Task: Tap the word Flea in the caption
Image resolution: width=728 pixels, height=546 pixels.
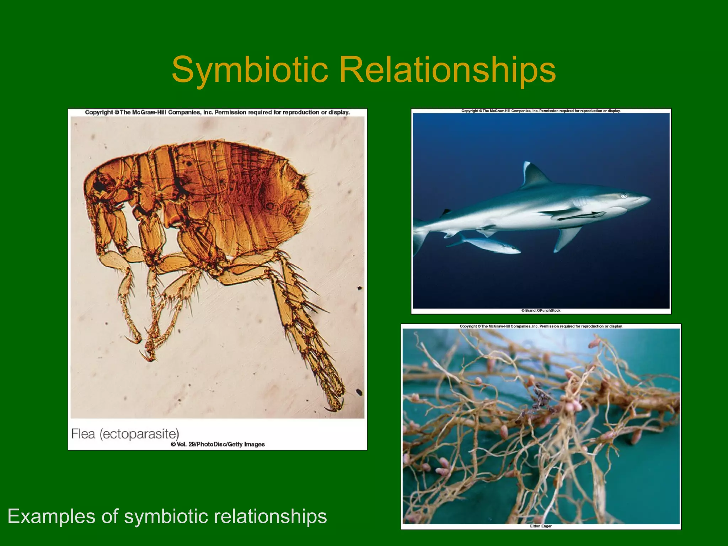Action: point(83,434)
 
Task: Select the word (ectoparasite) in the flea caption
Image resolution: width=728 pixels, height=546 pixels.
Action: point(139,434)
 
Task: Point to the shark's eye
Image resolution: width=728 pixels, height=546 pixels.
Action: point(624,195)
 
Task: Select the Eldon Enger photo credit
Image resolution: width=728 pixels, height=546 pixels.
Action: point(541,526)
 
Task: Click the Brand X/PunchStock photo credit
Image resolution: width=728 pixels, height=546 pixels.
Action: point(541,310)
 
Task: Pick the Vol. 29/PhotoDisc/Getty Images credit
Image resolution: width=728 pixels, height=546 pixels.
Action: point(218,444)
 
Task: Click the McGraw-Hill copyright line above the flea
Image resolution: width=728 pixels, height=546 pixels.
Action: point(217,112)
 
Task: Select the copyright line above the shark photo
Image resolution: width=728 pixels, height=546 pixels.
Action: point(541,111)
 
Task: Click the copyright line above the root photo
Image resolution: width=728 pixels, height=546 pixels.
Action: point(541,326)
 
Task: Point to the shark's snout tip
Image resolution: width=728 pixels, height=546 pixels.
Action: point(650,199)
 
